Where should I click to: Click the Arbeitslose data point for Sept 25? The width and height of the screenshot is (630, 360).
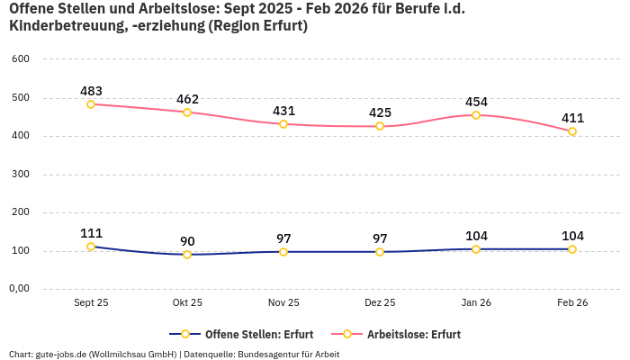(91, 104)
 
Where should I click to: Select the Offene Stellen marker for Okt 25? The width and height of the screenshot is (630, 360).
(187, 255)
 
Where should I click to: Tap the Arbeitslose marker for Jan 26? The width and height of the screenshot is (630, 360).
(476, 115)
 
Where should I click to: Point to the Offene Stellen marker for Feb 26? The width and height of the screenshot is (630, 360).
(572, 249)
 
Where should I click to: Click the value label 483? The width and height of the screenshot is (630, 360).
(91, 91)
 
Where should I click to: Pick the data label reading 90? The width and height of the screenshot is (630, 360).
(187, 241)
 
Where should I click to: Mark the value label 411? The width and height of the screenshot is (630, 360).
(572, 118)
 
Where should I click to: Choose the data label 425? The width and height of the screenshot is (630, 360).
(380, 112)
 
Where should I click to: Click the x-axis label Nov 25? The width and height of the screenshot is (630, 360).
(283, 303)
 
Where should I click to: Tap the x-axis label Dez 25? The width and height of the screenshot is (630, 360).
(380, 303)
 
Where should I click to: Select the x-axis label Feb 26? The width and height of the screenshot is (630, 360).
(572, 303)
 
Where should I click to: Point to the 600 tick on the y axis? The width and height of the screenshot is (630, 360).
(21, 59)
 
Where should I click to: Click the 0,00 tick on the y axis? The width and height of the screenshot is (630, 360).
(19, 289)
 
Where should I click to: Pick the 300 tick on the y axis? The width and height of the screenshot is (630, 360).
(21, 175)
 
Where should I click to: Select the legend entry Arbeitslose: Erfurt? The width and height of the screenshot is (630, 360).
(413, 335)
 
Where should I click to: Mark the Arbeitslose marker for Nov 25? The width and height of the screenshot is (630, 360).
(283, 124)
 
